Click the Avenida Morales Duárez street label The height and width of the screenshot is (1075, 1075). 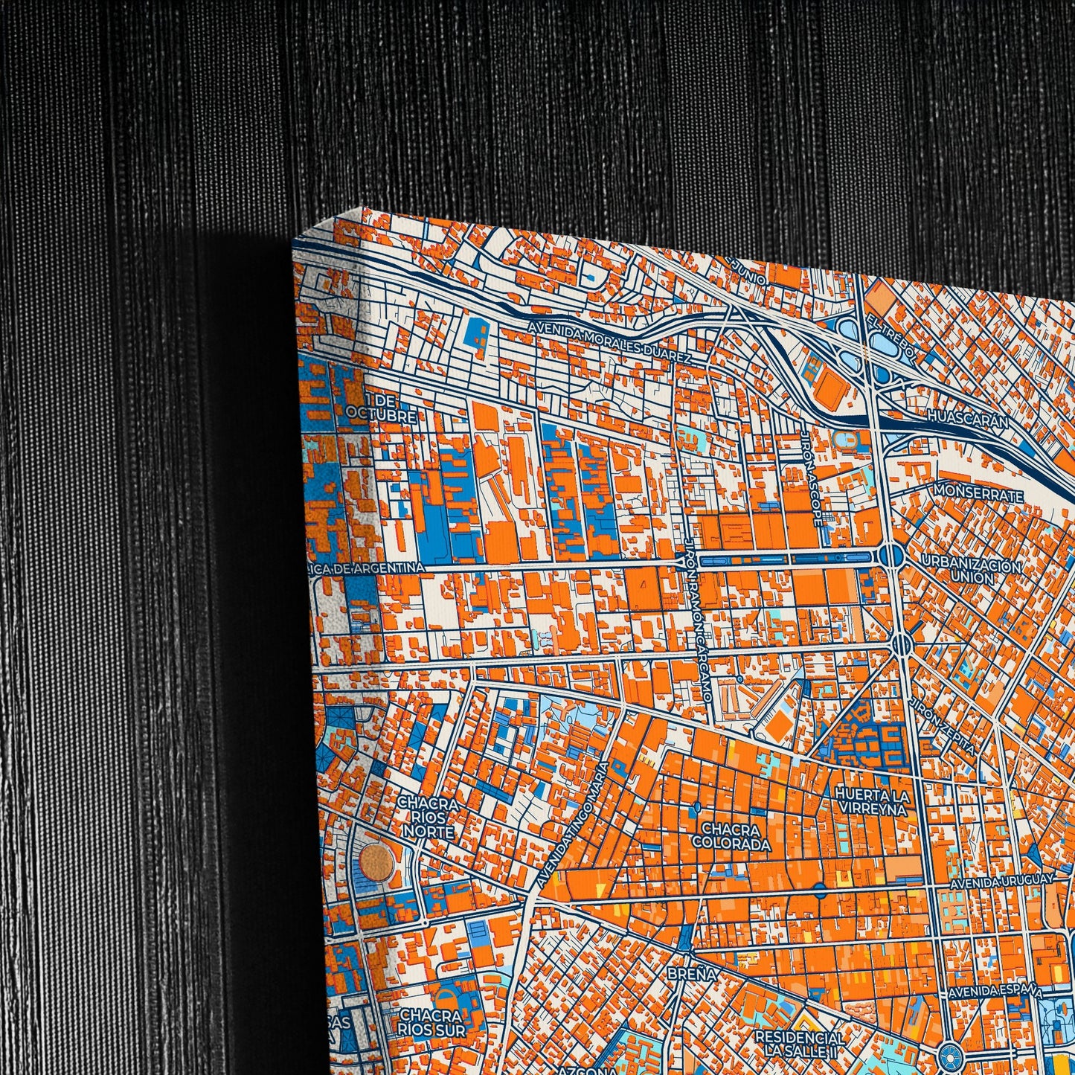pos(610,342)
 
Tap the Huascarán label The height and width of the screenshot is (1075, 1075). pos(968,420)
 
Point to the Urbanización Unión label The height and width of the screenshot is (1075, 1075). pos(971,571)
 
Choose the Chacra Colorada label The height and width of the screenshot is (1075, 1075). pos(731,837)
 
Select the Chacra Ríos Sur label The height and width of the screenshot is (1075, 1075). pos(431,1022)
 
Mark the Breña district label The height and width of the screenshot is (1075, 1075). pos(691,974)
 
